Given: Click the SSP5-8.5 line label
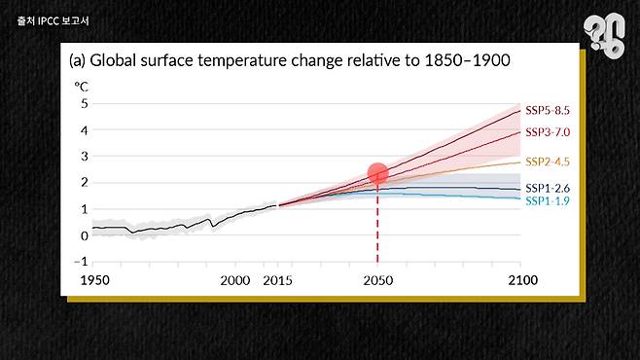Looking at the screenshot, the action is [548, 110].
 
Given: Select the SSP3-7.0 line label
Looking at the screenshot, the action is [548, 132].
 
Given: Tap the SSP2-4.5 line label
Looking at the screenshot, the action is [548, 162].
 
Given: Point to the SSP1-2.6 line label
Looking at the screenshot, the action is [548, 188].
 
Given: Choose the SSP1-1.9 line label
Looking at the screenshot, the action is [548, 200].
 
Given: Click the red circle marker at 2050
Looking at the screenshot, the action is [377, 173].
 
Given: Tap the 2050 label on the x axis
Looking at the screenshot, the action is [378, 280].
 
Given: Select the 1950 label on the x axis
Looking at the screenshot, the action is [94, 280].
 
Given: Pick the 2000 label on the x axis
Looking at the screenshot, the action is [235, 280].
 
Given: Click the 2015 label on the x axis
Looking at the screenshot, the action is [277, 280].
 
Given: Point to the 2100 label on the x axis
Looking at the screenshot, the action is [523, 280].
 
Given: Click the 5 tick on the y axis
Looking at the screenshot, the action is [85, 104].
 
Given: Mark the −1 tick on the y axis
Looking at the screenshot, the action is [81, 261].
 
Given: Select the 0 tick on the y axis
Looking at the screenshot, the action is [85, 235].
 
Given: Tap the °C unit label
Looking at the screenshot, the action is [82, 87].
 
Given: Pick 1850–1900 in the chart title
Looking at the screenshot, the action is [467, 60].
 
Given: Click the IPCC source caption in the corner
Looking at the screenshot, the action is [53, 20].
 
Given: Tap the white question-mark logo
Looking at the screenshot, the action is [604, 35].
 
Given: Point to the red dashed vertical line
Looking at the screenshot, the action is [377, 223].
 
